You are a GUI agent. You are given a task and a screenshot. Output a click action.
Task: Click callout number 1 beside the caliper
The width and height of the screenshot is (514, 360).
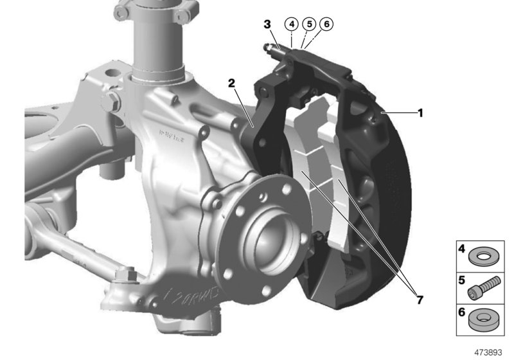[420, 113]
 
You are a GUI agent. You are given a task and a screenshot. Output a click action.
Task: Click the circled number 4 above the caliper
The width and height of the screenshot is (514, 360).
[292, 24]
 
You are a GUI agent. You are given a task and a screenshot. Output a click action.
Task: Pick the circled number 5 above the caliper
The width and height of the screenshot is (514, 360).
[309, 24]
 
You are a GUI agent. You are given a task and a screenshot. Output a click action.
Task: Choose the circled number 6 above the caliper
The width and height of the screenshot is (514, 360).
[326, 24]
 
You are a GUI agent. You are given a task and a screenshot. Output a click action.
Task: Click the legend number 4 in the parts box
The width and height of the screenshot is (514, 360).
[461, 248]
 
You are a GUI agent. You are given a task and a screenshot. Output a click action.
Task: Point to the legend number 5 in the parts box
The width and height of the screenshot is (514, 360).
[461, 280]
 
